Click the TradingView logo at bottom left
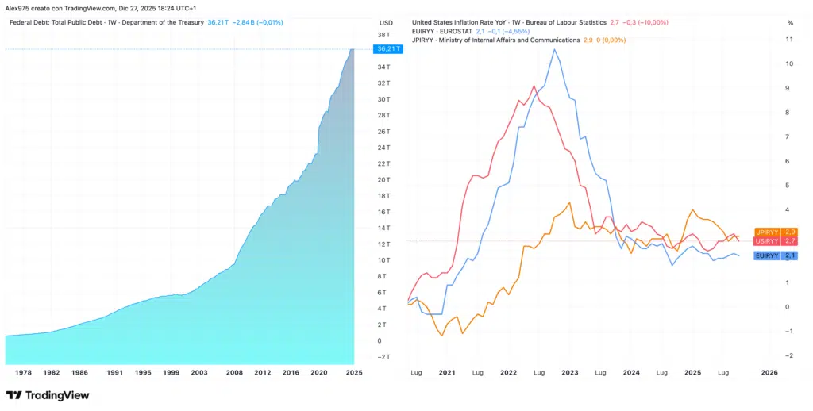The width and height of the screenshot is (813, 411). pos(48,395)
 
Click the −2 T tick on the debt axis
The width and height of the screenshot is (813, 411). pos(383,357)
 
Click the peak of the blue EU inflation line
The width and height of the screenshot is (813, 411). pos(554,50)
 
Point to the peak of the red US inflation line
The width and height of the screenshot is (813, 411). pos(534,86)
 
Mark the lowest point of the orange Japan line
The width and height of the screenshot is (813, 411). pos(441,336)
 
